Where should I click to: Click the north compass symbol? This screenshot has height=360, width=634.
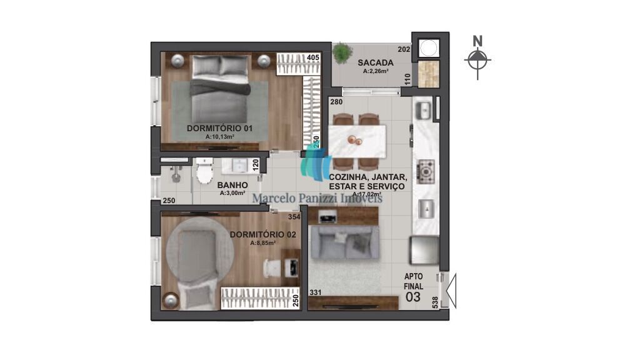tap(478, 60)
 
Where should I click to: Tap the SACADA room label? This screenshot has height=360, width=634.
tap(375, 62)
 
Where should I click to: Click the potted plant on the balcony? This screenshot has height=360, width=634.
tap(342, 53)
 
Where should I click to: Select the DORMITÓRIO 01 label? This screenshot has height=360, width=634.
tap(219, 128)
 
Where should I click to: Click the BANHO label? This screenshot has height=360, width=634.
tap(233, 185)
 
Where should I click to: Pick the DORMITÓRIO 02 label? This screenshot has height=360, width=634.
tap(263, 234)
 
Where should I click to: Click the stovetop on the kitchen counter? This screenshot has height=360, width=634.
tap(426, 169)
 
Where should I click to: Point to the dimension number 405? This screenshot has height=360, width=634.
tap(313, 57)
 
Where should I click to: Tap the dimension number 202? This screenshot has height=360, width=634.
tap(403, 49)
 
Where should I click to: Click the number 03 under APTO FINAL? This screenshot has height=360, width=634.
tap(413, 297)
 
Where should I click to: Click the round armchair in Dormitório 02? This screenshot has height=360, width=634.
tap(198, 249)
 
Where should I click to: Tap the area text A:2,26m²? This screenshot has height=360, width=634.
tap(376, 71)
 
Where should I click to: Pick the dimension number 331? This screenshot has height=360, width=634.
tap(316, 292)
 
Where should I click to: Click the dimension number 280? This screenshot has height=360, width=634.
tap(336, 102)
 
